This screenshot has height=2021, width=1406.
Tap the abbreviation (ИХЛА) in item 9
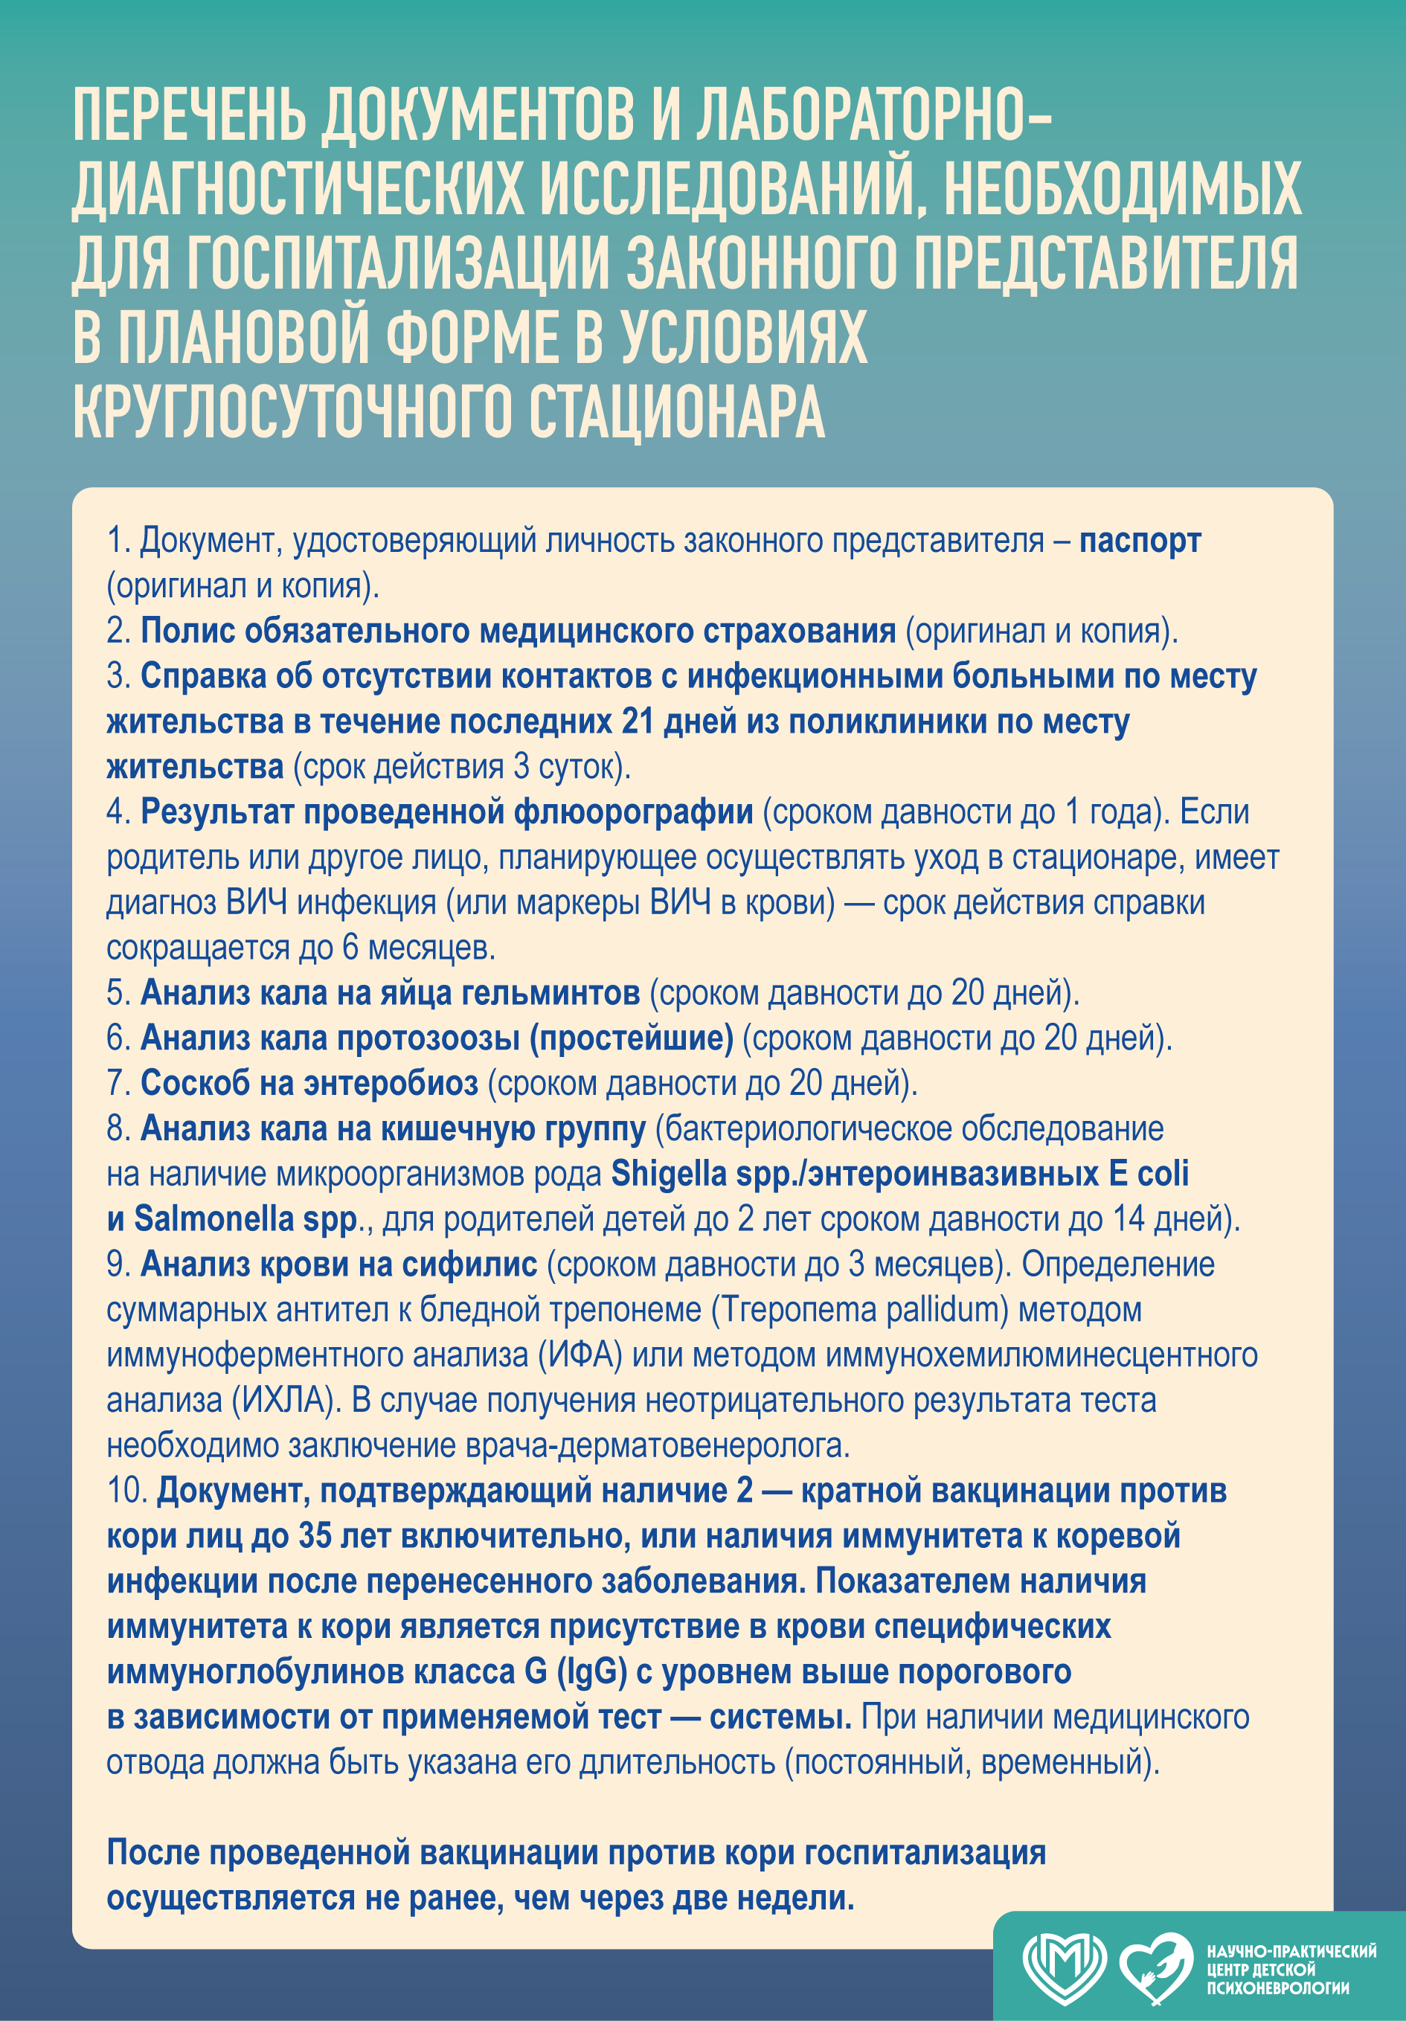coord(285,1401)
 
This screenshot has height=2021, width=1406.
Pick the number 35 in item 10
coord(314,1536)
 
